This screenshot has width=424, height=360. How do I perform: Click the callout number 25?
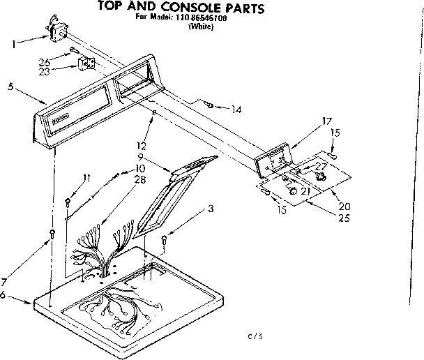point(343,218)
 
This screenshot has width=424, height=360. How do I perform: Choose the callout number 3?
point(211,207)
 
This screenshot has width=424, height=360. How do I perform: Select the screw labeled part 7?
point(51,234)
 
